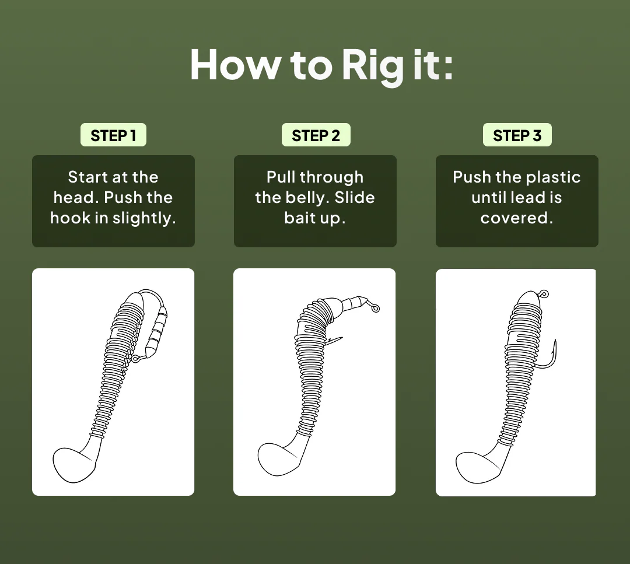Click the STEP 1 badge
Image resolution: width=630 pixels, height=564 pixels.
(113, 135)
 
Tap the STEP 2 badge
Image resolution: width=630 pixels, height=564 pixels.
(316, 135)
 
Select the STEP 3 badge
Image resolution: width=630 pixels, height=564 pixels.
(517, 135)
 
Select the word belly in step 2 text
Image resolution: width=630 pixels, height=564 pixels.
(307, 198)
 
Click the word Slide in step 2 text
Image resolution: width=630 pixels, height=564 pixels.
(355, 197)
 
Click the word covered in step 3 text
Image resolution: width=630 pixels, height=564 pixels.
(517, 218)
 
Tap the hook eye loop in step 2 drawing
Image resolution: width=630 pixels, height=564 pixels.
(375, 309)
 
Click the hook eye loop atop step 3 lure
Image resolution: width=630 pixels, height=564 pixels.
(544, 295)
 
